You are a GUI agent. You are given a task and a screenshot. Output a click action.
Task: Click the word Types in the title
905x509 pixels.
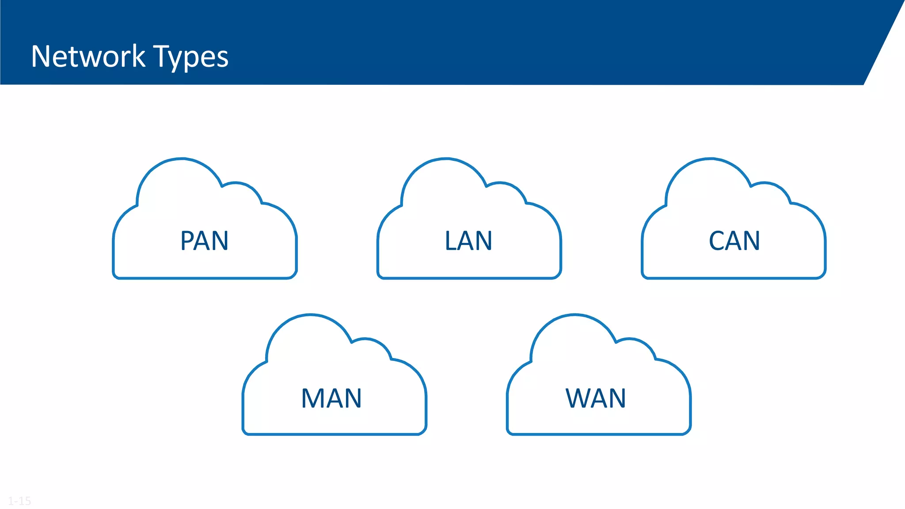191,57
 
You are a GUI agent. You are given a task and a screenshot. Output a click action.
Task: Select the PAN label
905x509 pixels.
204,241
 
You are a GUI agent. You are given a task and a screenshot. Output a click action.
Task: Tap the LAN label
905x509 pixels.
468,241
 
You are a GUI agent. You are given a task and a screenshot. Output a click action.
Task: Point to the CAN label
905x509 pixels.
734,241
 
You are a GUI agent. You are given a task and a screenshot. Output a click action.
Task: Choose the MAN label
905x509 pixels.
331,398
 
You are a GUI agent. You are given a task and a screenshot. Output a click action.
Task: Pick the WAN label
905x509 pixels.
596,398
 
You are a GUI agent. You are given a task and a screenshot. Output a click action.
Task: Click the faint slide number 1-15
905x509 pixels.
19,501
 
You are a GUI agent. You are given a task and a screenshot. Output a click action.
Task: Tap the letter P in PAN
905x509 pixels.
187,241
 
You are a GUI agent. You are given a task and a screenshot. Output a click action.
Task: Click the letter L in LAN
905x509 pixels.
451,241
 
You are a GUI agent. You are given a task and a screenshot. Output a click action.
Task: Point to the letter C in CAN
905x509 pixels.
717,241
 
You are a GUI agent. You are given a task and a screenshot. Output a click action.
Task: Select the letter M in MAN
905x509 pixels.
312,398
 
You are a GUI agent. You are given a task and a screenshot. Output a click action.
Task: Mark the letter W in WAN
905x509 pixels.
578,398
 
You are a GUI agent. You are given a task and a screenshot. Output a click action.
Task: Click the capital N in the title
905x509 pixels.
40,57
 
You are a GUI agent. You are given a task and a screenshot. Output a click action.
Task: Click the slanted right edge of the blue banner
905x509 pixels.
884,42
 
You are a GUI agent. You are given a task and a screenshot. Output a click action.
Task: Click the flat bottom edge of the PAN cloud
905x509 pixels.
204,278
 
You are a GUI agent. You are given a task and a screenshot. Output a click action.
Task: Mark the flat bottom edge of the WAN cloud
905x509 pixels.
599,434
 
